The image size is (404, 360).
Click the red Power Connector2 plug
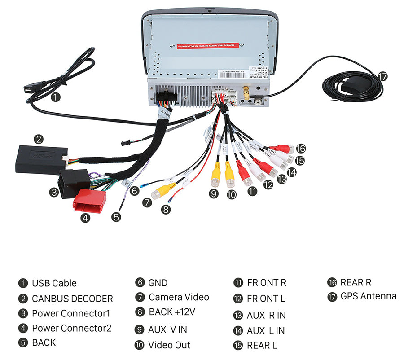coord(89,200)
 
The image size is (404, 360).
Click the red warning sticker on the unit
coord(208,46)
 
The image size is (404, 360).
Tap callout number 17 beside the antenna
coord(382,76)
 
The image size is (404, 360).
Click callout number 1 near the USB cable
coord(55,97)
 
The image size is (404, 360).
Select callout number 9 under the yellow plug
coord(214,194)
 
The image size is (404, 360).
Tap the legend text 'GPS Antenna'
coord(369,296)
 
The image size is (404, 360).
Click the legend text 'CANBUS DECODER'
coord(72,299)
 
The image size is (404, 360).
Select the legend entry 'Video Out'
coord(169,345)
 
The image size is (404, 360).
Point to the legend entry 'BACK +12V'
coord(172,312)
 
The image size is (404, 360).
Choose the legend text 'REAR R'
coord(356,282)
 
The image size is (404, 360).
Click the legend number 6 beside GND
coord(140,283)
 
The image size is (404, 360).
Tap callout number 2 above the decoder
coord(39,139)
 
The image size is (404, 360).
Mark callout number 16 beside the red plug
coord(301,149)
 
